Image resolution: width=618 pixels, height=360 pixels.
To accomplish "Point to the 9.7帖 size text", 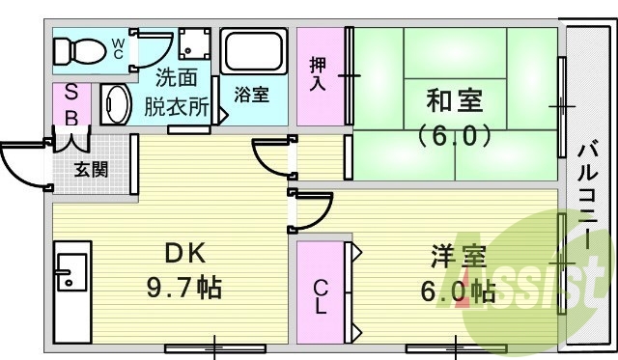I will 183,286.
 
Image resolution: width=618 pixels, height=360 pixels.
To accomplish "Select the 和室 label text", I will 455,99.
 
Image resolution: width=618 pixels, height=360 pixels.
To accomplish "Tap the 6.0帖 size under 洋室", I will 457,291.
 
